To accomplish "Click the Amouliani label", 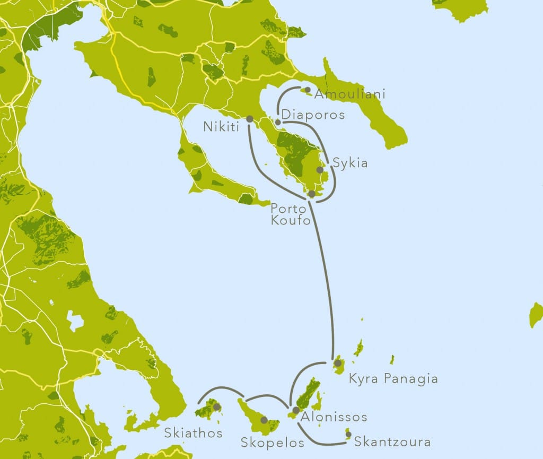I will coord(349,94).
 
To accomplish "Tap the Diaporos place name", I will coord(313,115).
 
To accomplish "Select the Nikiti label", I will coord(222,127).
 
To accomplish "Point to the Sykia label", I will coord(349,163).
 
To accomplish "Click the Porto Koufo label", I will coord(290,214).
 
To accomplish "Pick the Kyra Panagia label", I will coord(393,379).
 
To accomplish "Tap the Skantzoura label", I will coord(392,441).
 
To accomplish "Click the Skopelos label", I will coord(273,442).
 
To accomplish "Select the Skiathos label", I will coord(193,433).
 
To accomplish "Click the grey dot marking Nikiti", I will coord(250,119).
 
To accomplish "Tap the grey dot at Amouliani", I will coord(308,89).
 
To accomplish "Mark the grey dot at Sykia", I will coord(319,170).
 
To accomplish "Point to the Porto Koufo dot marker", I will coord(312,194).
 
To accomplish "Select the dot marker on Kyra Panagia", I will coord(337,363).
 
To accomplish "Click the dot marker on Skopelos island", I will coord(264,420).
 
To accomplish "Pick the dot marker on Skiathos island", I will coord(216,407).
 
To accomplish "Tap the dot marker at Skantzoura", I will coord(348,435).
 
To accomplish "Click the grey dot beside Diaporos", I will coord(278,122).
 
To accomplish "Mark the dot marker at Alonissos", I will coord(296,410).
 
